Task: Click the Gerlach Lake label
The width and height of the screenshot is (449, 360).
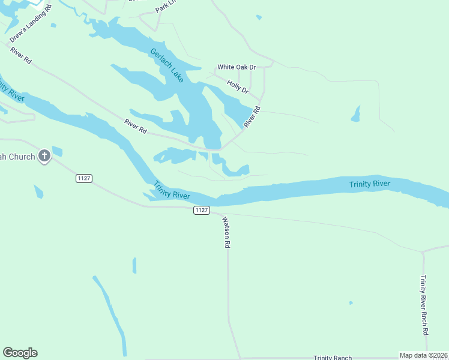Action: tap(167, 65)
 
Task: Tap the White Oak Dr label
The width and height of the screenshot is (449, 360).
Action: tap(237, 67)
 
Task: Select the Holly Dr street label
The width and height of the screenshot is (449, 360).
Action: tap(238, 86)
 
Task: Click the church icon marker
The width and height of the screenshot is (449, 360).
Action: tap(44, 157)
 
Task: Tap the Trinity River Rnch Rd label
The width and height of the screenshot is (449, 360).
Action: tap(424, 305)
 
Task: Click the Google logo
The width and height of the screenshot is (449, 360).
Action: tap(20, 353)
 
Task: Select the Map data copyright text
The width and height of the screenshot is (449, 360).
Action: tap(424, 355)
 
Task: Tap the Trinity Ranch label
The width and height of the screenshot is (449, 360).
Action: tap(332, 358)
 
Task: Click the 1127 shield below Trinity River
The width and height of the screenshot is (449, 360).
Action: tap(202, 209)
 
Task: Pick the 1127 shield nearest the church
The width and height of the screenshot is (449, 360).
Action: tap(83, 178)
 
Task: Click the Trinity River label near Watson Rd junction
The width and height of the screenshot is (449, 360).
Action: tap(172, 191)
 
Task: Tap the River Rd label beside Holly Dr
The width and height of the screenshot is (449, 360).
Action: tap(252, 117)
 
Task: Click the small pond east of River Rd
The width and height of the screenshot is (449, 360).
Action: tap(356, 113)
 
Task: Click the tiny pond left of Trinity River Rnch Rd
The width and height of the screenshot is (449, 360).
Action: tap(351, 302)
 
